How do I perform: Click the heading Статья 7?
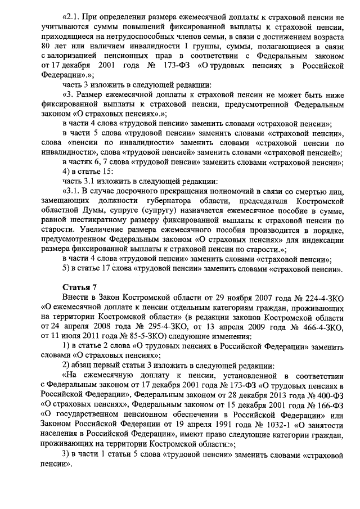pyautogui.click(x=79, y=286)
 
